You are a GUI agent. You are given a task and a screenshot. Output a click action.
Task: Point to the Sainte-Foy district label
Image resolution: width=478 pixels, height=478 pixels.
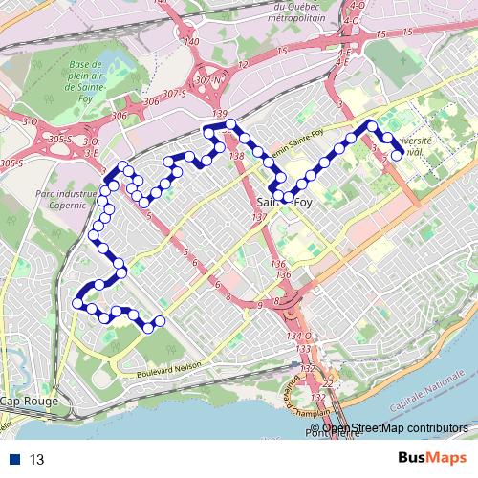284,203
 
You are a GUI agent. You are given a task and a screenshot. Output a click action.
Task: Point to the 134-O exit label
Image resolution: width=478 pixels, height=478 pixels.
298,337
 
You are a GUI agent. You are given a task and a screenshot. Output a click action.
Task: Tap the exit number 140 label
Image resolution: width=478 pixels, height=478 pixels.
191,42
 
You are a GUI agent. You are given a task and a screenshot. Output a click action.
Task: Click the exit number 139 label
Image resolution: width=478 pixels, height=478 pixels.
220,115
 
